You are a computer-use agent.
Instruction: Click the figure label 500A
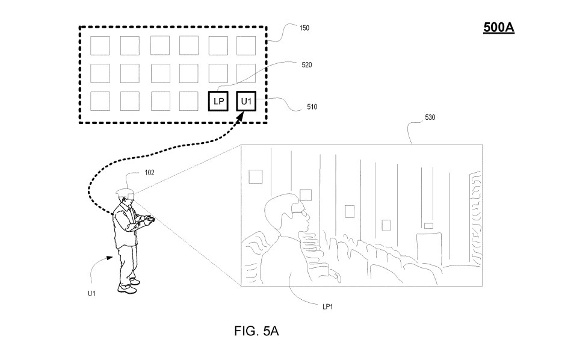click(499, 28)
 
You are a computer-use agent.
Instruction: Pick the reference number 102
click(149, 172)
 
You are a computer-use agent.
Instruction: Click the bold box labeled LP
click(218, 102)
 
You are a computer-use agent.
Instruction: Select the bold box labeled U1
click(247, 102)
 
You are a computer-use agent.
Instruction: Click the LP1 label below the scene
click(328, 306)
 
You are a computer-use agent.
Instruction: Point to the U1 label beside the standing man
click(91, 293)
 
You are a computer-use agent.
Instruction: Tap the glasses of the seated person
click(299, 211)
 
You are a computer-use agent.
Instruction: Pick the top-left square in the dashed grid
click(100, 46)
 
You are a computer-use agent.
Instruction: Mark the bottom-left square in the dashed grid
click(100, 101)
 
